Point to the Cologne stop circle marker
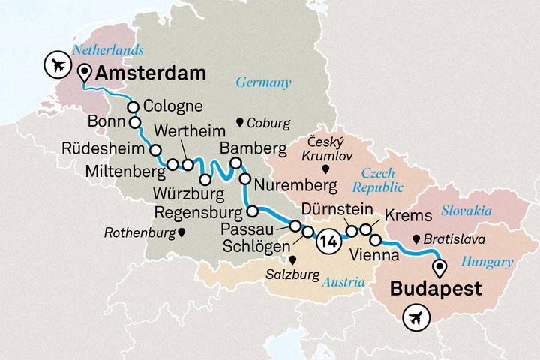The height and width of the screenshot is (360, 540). click(133, 106)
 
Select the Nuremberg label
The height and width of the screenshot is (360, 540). click(292, 183)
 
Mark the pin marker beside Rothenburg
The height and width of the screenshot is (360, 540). click(181, 233)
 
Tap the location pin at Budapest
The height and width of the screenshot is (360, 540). click(439, 265)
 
